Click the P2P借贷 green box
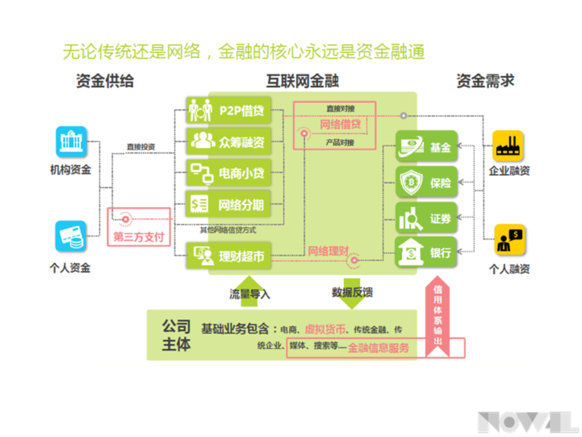point(228,110)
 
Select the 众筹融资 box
point(228,141)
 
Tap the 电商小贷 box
point(228,172)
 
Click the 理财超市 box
point(228,255)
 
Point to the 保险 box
point(426,183)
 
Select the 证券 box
point(426,218)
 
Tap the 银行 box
point(426,253)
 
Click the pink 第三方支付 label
point(139,236)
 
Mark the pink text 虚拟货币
point(325,329)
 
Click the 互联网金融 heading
point(302,80)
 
